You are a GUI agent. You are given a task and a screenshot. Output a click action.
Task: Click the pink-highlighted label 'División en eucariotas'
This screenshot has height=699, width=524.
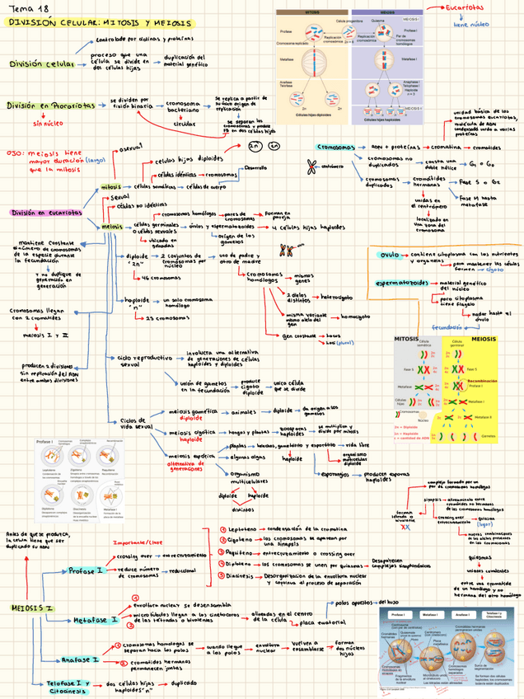click(46, 212)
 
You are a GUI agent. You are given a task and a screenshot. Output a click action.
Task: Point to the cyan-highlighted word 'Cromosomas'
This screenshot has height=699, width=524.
click(336, 147)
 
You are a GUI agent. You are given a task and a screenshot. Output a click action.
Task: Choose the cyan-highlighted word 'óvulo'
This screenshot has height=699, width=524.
click(388, 255)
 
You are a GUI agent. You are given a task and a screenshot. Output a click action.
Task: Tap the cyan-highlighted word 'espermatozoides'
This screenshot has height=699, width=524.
click(403, 282)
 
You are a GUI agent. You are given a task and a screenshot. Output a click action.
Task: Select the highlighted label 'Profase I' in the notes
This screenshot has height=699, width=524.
click(85, 570)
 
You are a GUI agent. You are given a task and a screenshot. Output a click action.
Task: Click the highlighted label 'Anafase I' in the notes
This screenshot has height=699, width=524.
click(81, 659)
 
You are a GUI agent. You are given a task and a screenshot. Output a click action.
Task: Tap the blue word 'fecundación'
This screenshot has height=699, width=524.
click(464, 326)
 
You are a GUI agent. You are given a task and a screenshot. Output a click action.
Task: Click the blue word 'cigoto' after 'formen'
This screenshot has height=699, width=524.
click(494, 269)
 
